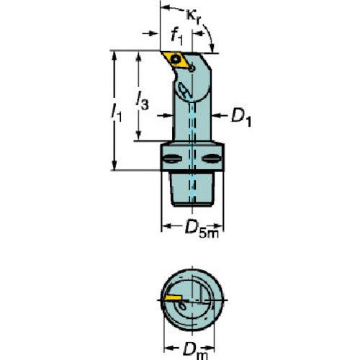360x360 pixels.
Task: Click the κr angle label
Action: [x=193, y=17]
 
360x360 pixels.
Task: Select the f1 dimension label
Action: [x=176, y=37]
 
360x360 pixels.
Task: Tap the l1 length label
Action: [x=117, y=112]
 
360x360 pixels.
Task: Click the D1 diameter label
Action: [x=241, y=118]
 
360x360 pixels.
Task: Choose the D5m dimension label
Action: [x=202, y=229]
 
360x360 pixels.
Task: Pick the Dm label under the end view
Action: [x=195, y=351]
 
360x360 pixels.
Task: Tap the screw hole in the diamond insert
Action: [x=176, y=58]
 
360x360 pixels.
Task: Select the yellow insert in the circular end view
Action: [x=173, y=298]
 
